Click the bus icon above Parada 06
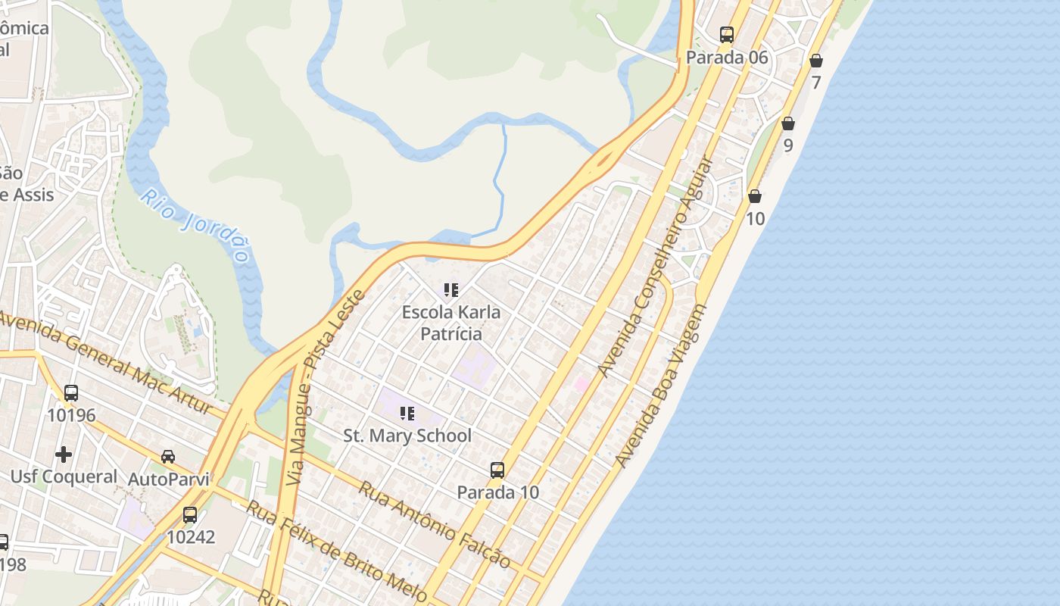727,35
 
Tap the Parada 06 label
727,58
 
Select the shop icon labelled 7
815,61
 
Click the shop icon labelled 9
788,123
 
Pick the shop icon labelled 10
755,197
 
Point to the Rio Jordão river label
195,225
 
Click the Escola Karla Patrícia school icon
451,290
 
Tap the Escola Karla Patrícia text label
451,323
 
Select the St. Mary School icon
407,414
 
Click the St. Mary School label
407,436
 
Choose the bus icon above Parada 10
497,470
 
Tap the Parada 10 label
498,492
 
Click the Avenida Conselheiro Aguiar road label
656,267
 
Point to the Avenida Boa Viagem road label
661,386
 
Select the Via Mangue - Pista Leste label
326,386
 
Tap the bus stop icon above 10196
71,393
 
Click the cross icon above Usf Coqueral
64,454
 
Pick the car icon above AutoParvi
168,457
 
